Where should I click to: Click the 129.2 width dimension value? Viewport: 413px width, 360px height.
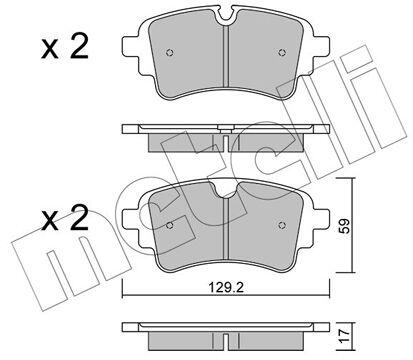(226, 287)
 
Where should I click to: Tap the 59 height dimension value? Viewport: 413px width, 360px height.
(345, 226)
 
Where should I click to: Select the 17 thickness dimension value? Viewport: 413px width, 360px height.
(346, 335)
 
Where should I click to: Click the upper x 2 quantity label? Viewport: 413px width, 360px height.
(65, 48)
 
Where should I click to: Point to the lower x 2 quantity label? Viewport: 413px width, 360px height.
(65, 218)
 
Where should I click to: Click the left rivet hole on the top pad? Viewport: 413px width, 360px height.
(170, 53)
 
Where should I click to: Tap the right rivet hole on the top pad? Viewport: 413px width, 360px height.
(282, 52)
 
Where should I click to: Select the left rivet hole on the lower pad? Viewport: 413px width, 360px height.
(170, 226)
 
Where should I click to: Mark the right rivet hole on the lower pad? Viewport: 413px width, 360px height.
(282, 225)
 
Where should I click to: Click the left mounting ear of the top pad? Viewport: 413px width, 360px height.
(131, 46)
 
